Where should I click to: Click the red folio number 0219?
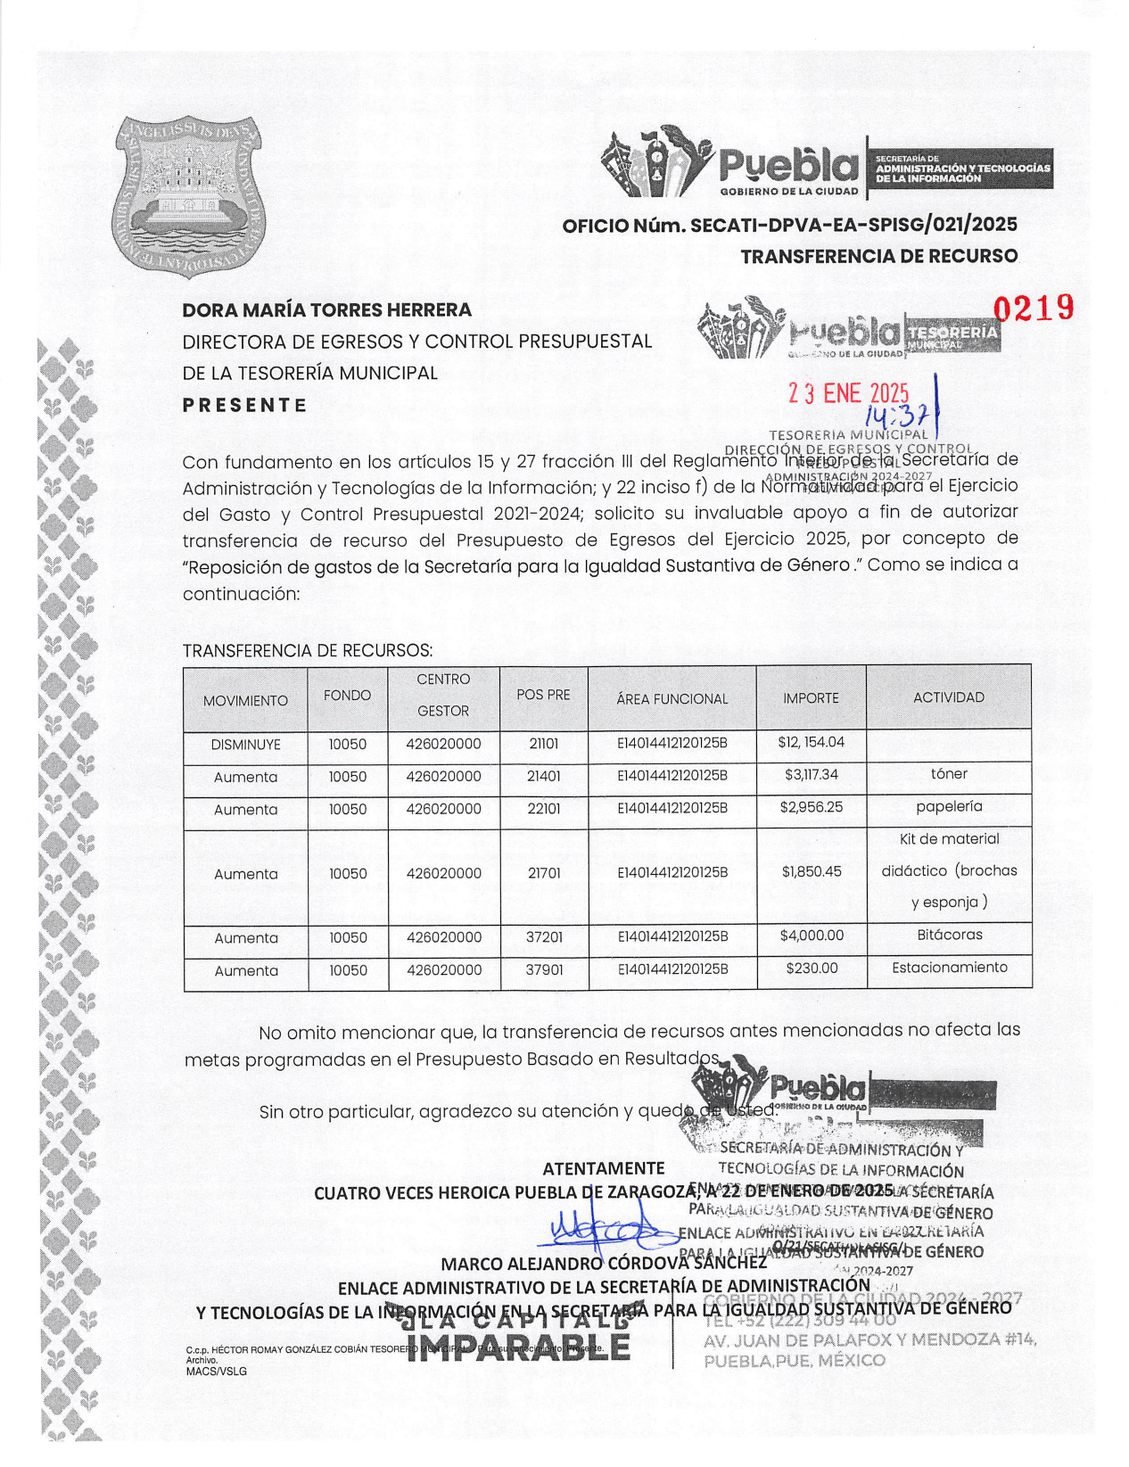click(1034, 309)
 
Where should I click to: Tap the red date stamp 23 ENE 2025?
click(848, 394)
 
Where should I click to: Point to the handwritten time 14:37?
click(897, 414)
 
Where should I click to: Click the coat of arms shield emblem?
click(188, 195)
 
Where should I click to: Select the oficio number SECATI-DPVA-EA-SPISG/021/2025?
click(789, 225)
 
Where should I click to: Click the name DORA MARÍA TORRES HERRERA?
click(326, 310)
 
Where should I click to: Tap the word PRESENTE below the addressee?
click(244, 405)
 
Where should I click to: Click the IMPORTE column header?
click(811, 698)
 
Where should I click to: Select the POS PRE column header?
click(543, 695)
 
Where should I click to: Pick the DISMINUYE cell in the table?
click(245, 745)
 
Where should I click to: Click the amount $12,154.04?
click(811, 742)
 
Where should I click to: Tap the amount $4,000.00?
click(812, 935)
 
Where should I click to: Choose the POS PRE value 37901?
click(544, 969)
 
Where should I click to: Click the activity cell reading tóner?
click(948, 774)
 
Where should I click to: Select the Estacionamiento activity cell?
click(949, 968)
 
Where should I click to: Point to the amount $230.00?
click(812, 968)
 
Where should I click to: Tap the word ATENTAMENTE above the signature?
click(604, 1168)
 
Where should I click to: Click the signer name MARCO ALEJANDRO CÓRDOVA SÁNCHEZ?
click(604, 1264)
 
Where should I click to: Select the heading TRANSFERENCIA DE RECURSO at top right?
click(878, 257)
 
